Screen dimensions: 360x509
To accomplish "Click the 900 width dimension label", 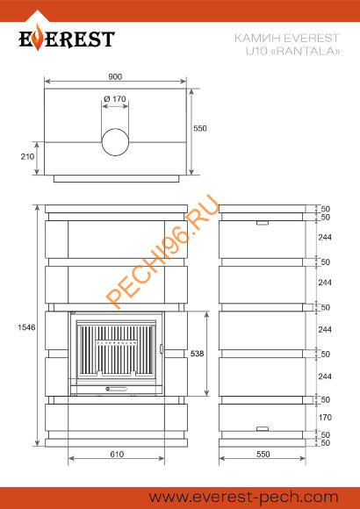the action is click(x=115, y=76).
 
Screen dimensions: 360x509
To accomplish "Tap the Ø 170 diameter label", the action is click(x=115, y=98).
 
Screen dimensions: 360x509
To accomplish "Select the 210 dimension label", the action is click(x=27, y=156).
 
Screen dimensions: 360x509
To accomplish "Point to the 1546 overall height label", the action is click(x=26, y=327).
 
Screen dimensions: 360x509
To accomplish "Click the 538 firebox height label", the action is click(x=198, y=353).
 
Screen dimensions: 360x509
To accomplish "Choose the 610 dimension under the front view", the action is click(x=117, y=454).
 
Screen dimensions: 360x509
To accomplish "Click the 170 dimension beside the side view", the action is click(x=325, y=417).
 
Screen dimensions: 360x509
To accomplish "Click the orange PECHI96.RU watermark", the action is click(x=162, y=252).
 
